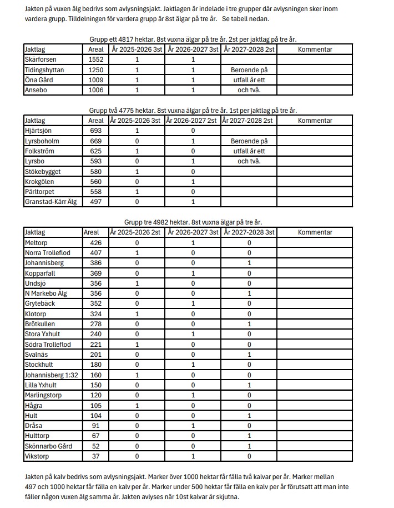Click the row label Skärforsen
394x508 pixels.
coord(41,59)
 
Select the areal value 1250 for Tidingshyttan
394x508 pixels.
coord(96,70)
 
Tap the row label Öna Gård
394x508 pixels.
coord(38,80)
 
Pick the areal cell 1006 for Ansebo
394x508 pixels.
coord(96,90)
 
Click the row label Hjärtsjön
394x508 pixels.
coord(38,131)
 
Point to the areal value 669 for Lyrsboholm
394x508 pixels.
coord(96,141)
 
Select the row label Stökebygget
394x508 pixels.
coord(43,171)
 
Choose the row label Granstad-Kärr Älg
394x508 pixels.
coord(50,202)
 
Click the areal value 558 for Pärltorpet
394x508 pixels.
coord(96,192)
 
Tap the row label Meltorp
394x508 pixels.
coord(37,243)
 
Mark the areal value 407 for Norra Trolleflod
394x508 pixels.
coord(92,253)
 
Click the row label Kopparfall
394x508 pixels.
coord(40,273)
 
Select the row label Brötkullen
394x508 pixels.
coord(40,324)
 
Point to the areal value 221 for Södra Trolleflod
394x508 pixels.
coord(92,345)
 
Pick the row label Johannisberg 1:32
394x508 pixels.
coord(51,375)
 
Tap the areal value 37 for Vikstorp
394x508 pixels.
coord(92,456)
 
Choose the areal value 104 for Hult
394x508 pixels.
coord(92,416)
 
